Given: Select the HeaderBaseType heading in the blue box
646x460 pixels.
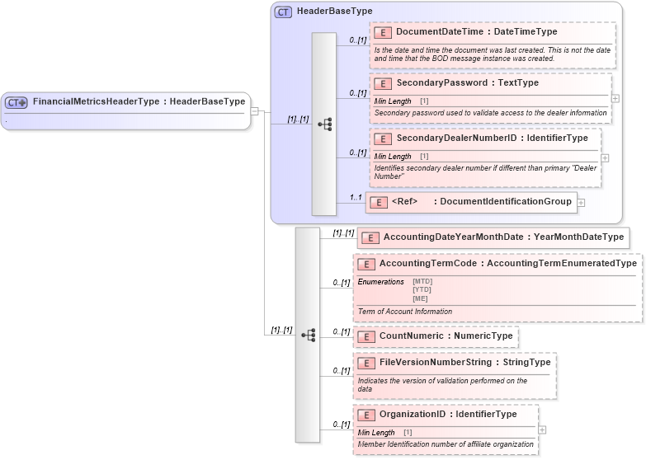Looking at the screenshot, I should [x=334, y=11].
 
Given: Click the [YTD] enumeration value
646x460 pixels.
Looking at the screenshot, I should [x=422, y=289].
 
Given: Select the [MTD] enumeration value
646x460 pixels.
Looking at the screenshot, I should [x=422, y=281].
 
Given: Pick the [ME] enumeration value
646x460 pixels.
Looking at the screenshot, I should [x=420, y=298].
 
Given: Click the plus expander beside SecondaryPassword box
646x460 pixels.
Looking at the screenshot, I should [x=615, y=97].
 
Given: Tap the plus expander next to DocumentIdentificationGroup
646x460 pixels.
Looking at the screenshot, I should [x=581, y=202].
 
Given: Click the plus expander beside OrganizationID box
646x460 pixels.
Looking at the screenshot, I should [x=541, y=429].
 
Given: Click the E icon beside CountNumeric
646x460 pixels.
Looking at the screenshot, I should [x=366, y=336].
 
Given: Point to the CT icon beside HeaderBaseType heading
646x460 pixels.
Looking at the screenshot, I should [x=283, y=12].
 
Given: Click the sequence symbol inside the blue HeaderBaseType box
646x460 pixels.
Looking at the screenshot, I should [x=324, y=124].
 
